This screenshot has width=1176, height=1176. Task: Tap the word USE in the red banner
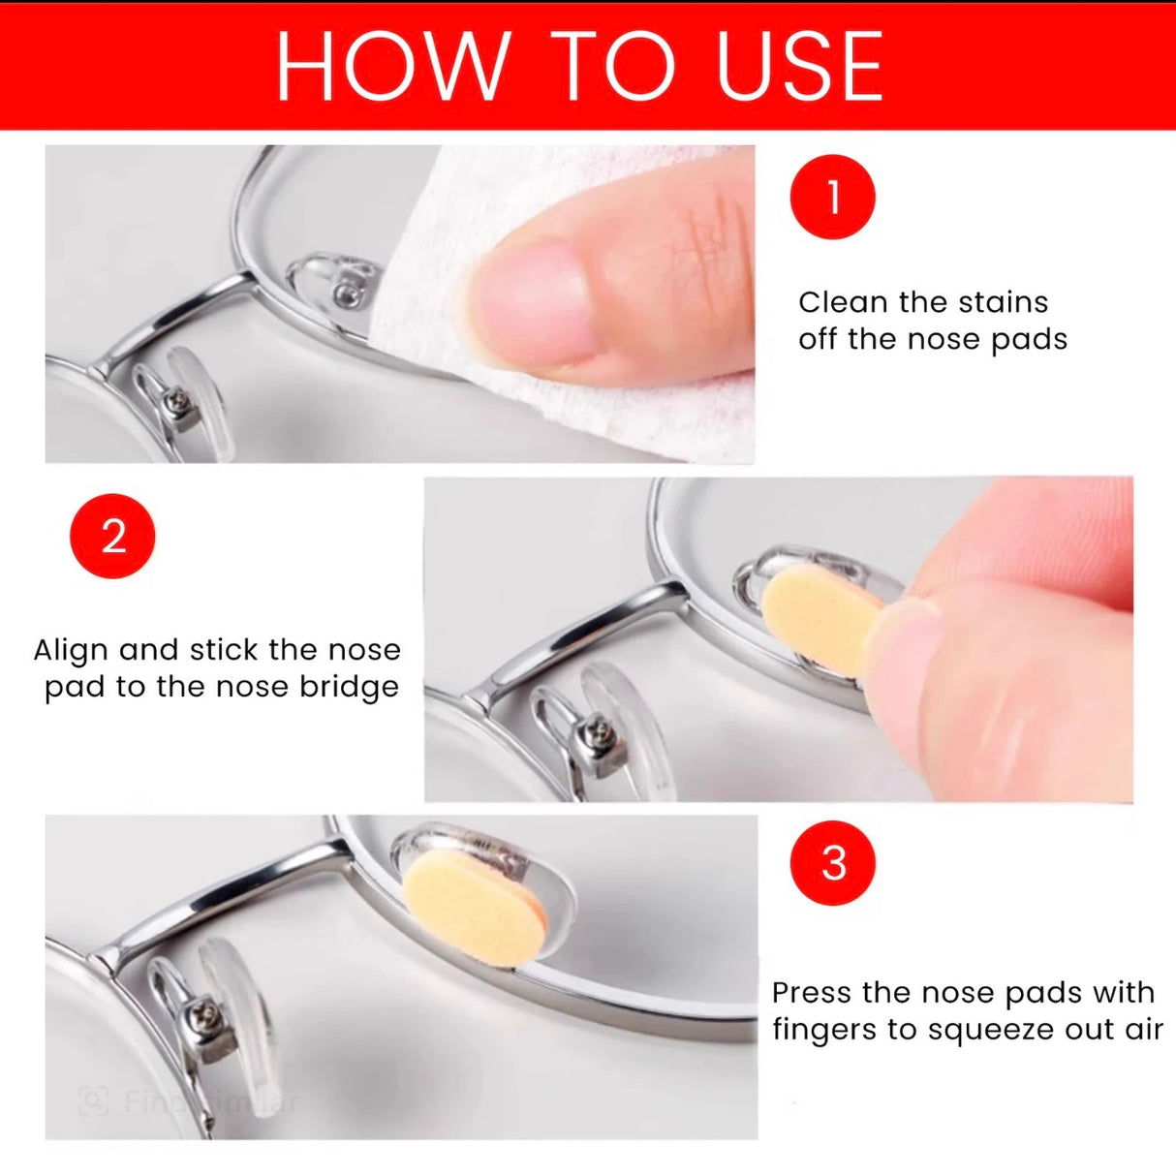pos(799,66)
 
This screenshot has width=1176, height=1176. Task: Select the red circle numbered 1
pos(833,197)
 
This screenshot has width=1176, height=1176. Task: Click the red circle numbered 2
pos(112,536)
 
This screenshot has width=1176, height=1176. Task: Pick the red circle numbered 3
pos(833,862)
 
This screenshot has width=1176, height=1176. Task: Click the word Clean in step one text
pos(843,302)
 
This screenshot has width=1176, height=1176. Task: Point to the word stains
pos(1004,302)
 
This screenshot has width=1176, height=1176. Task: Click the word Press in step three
pos(812,993)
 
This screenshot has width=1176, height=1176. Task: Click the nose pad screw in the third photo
pos(205,1016)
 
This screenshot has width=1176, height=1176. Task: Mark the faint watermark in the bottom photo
pos(189,1101)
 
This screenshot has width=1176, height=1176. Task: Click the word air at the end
pos(1143,1030)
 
